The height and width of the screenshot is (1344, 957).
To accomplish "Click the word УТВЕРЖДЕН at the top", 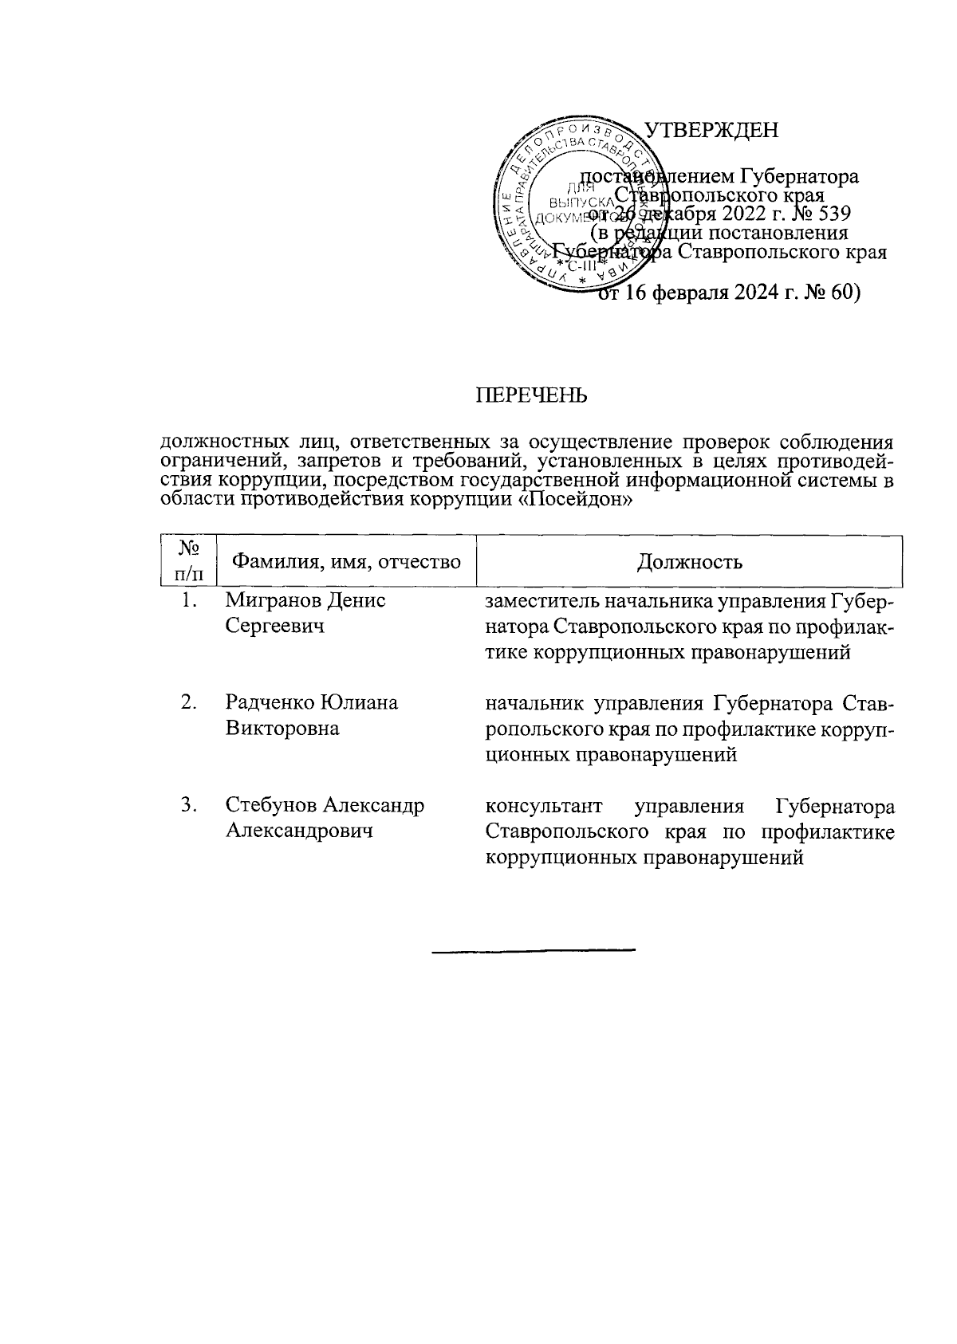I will pyautogui.click(x=711, y=130).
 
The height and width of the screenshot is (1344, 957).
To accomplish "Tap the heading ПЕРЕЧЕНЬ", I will pyautogui.click(x=531, y=395).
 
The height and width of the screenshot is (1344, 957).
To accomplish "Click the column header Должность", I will pyautogui.click(x=690, y=562).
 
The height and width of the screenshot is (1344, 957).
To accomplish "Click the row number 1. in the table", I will pyautogui.click(x=189, y=600).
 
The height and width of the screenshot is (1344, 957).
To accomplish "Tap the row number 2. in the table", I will pyautogui.click(x=189, y=702).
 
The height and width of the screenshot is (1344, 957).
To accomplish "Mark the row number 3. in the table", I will pyautogui.click(x=189, y=805).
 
